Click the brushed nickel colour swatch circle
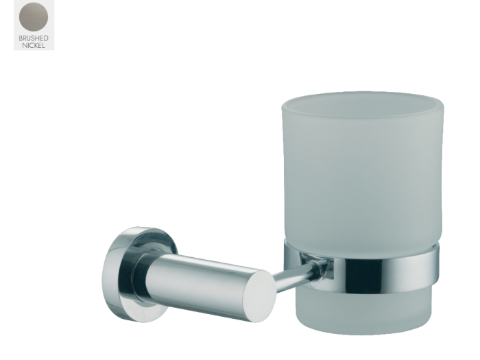click(x=34, y=17)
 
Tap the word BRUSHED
click(x=34, y=38)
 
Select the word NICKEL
click(x=34, y=46)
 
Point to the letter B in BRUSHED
click(x=21, y=38)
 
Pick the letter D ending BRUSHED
click(x=46, y=38)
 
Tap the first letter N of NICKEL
click(x=24, y=46)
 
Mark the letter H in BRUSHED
click(x=37, y=38)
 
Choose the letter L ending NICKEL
click(x=44, y=46)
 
